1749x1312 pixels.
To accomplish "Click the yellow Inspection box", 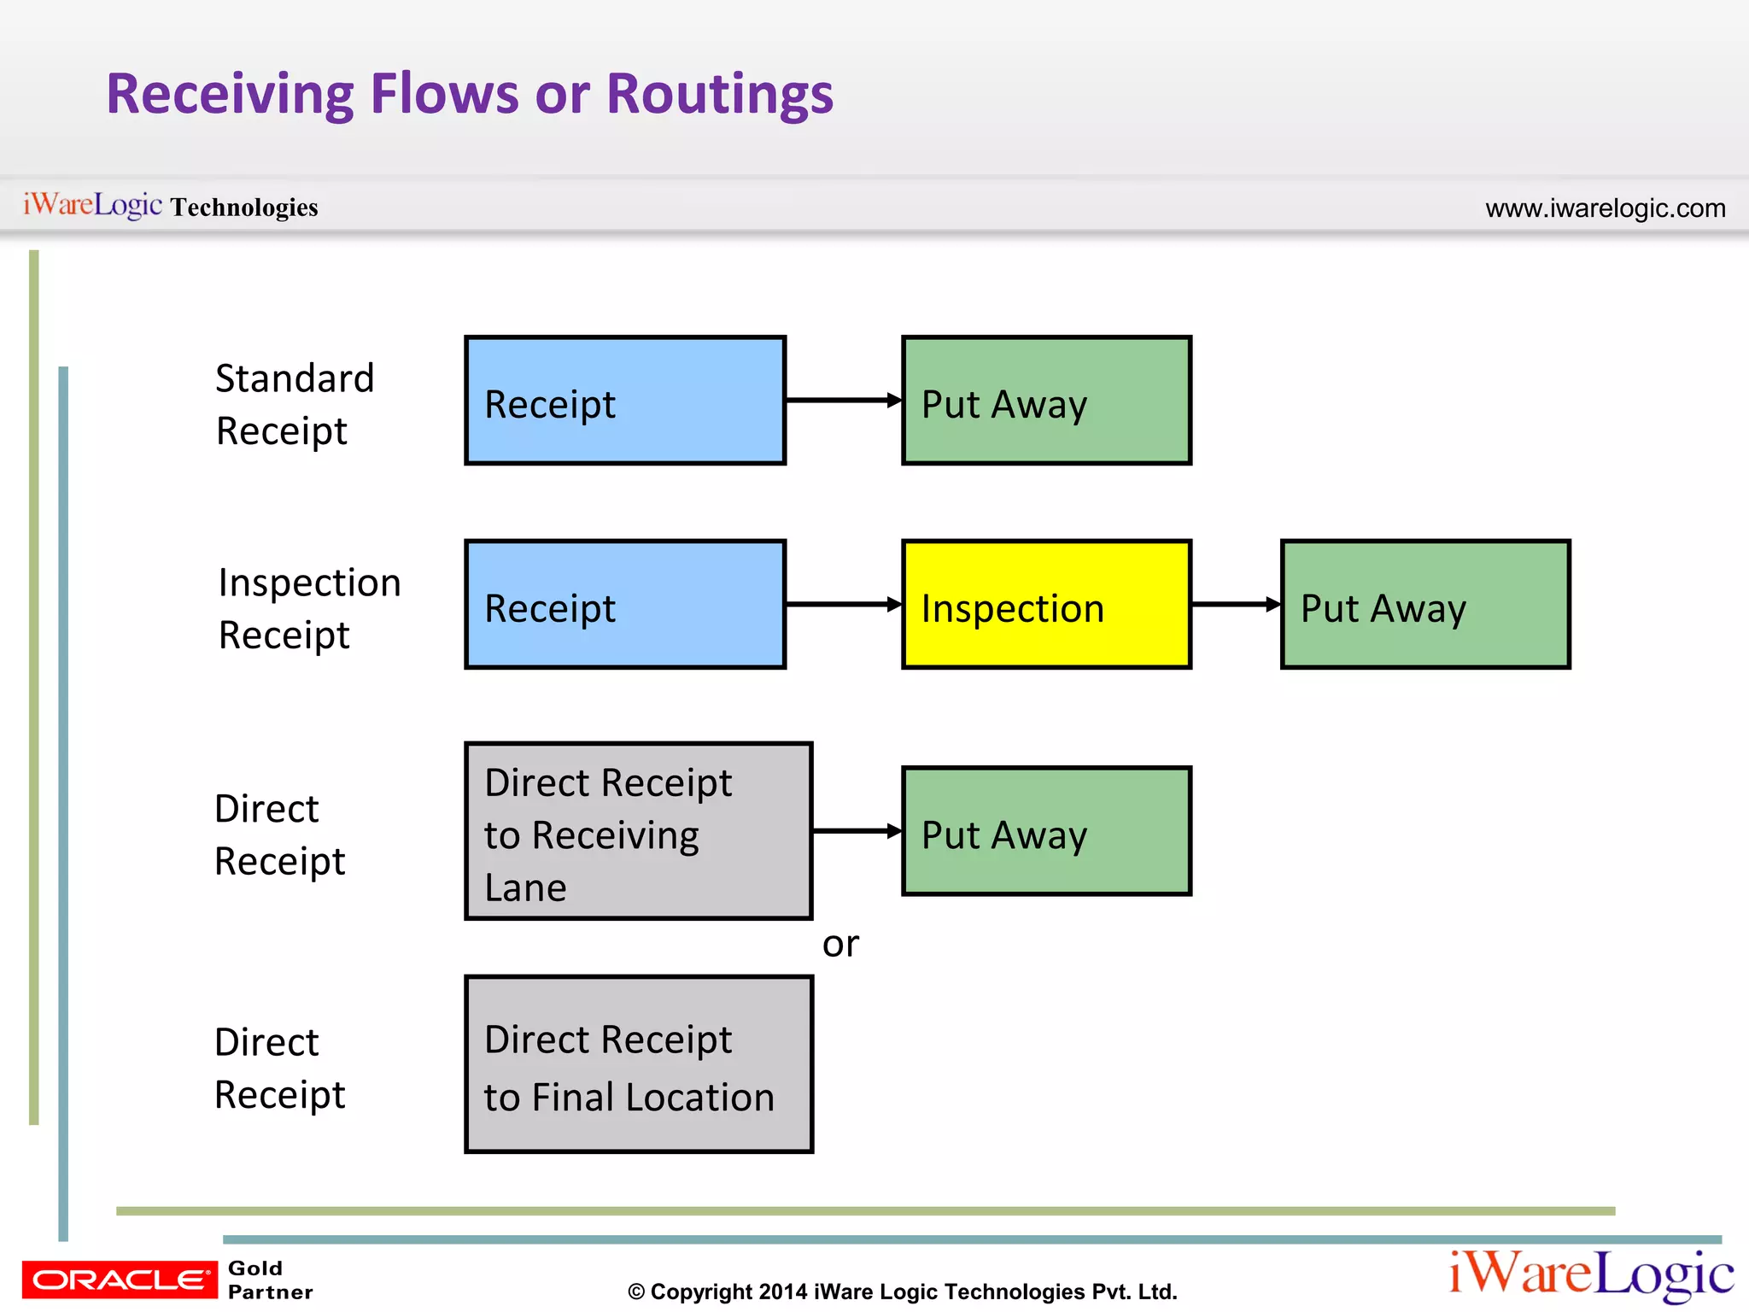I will point(1046,604).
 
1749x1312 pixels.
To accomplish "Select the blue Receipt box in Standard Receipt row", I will point(625,400).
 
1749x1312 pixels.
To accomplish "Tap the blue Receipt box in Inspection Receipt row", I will point(625,604).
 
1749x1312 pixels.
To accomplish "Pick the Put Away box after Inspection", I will point(1425,604).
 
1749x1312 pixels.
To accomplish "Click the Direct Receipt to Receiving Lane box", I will point(638,830).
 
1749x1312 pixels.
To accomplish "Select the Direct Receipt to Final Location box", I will point(638,1064).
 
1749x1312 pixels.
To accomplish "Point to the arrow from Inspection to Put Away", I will point(1235,604).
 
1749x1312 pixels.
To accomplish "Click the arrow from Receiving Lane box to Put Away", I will point(857,830).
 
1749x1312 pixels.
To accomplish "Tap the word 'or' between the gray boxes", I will point(840,945).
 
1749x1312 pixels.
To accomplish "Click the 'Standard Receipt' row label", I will point(295,404).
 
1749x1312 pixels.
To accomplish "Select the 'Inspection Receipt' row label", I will point(309,608).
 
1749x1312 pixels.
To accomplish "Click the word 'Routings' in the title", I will point(719,94).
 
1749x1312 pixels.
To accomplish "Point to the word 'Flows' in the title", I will point(444,94).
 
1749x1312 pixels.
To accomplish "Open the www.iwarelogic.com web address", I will point(1605,208).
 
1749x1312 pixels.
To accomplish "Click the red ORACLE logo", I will point(120,1279).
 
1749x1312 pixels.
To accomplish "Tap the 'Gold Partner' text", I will point(270,1280).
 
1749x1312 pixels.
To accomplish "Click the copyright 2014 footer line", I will point(902,1291).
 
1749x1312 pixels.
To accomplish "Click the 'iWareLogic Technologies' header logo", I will point(170,206).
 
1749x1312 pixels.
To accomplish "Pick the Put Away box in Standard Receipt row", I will point(1046,400).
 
